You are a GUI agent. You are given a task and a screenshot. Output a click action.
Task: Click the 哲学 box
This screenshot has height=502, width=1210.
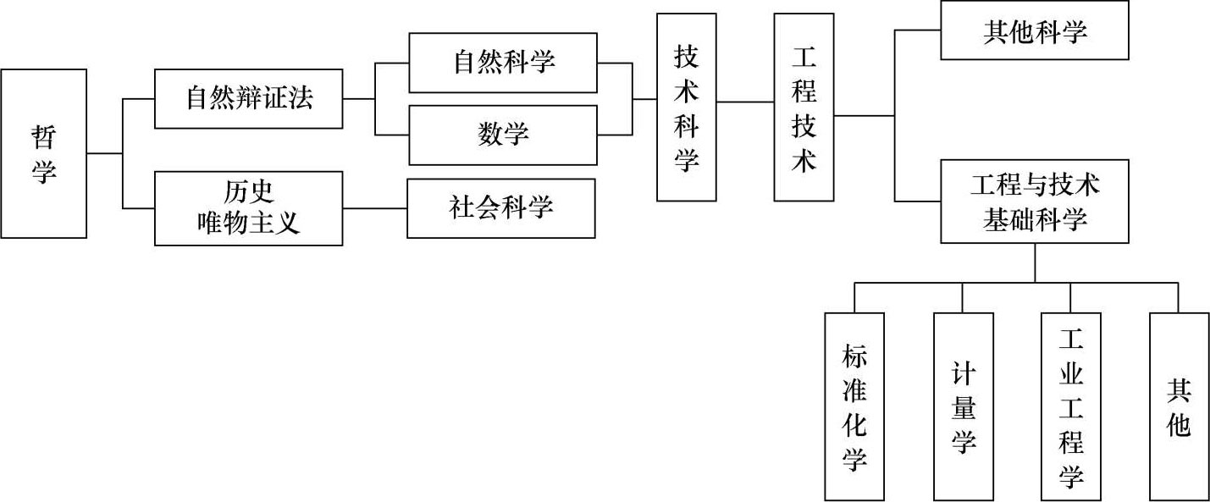(x=44, y=153)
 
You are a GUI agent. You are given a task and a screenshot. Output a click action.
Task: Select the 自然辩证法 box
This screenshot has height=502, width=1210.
(x=249, y=99)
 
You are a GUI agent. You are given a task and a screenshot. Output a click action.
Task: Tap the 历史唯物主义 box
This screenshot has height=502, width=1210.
(x=249, y=208)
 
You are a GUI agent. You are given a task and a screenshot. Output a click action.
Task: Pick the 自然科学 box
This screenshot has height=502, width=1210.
(x=502, y=63)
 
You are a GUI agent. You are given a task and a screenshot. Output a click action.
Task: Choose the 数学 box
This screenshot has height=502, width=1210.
(x=502, y=135)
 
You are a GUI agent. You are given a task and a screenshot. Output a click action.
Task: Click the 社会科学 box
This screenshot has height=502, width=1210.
(x=500, y=208)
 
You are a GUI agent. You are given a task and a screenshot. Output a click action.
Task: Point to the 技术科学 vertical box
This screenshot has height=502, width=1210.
(x=687, y=108)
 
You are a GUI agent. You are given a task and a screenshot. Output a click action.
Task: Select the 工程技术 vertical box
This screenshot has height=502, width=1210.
(x=804, y=108)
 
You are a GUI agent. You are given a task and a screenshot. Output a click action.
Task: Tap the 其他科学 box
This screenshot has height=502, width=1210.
(x=1034, y=31)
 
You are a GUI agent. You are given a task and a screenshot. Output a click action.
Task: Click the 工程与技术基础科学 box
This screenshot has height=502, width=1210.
(x=1034, y=201)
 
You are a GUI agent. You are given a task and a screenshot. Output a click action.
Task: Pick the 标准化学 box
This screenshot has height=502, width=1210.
(x=854, y=406)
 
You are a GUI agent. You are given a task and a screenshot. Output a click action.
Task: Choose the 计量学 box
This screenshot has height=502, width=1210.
(x=963, y=406)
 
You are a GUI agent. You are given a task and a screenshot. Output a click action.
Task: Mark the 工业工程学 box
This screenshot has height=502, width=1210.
(x=1071, y=406)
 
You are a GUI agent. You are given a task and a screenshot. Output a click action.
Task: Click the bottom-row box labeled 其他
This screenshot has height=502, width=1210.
(x=1179, y=406)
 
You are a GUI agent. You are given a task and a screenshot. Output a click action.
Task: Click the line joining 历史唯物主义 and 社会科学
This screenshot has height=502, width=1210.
(x=375, y=208)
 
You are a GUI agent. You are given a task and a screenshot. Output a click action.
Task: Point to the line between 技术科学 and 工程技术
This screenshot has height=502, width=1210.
(x=745, y=102)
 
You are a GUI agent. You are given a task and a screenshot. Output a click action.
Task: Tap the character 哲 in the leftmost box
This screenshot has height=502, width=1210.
(x=44, y=135)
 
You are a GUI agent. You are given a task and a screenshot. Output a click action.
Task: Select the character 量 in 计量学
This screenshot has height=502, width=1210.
(x=963, y=407)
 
